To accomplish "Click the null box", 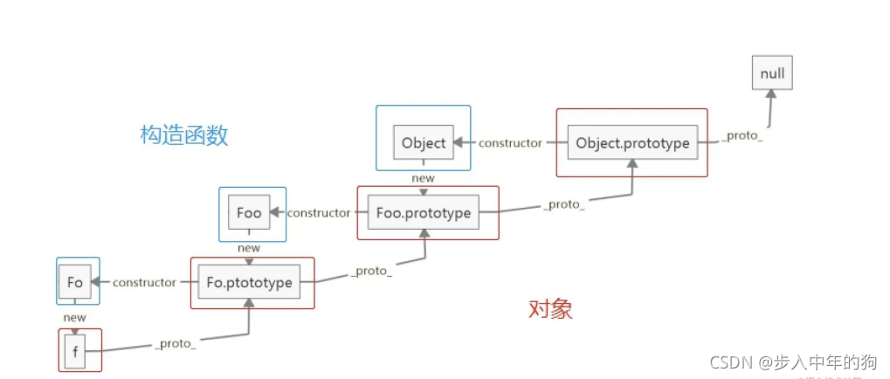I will click(x=772, y=73).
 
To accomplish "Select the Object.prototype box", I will click(x=632, y=143).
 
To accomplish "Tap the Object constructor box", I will click(x=424, y=143).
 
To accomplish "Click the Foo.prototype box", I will click(x=424, y=212).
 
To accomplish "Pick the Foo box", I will click(x=249, y=212).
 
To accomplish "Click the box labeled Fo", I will click(x=75, y=282).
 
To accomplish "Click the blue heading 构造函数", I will click(x=184, y=135).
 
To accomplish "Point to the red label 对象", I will click(x=551, y=309).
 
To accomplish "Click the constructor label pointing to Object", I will click(x=510, y=143).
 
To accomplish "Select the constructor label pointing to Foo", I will click(x=319, y=212).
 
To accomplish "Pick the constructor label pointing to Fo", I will click(x=144, y=282).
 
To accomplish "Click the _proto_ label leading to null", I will click(x=742, y=138).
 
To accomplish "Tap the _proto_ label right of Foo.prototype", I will click(x=563, y=203).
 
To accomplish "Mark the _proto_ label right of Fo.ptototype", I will click(x=371, y=272).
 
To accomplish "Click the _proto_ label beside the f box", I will click(x=176, y=344).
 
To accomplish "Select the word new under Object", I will click(x=423, y=178).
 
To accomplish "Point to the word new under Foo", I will click(x=249, y=248).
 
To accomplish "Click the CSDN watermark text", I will click(x=791, y=362).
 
